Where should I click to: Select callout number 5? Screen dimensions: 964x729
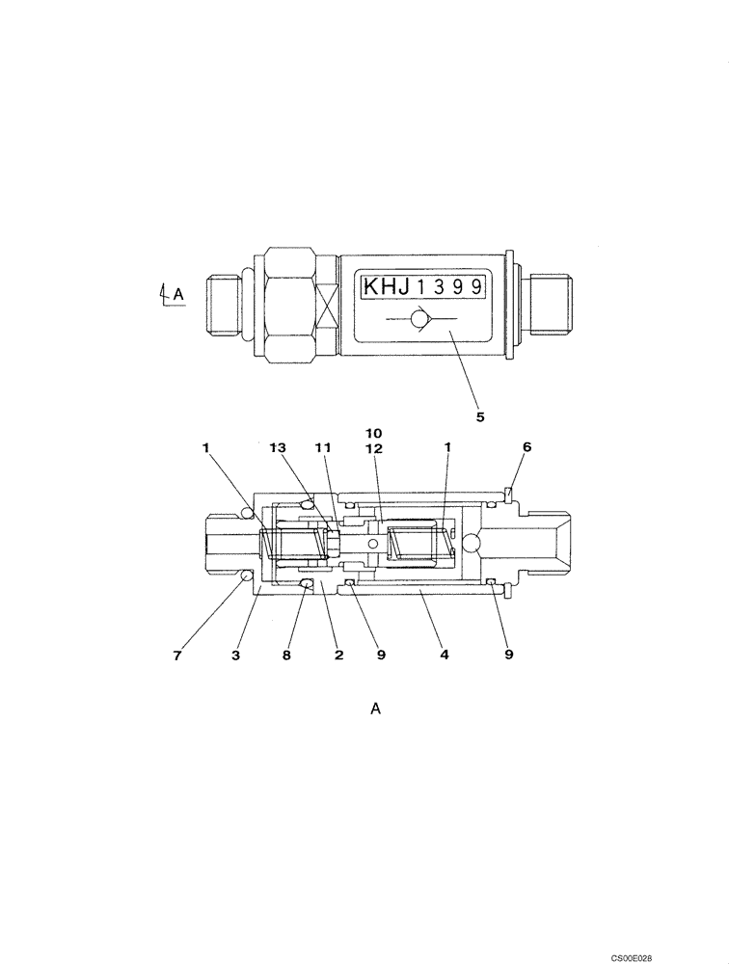(x=479, y=417)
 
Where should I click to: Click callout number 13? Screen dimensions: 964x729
(x=279, y=447)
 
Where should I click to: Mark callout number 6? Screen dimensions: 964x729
(x=526, y=447)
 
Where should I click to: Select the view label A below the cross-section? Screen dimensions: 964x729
(x=376, y=710)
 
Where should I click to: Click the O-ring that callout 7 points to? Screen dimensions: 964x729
(x=246, y=576)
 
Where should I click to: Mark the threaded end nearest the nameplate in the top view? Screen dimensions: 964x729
(x=550, y=304)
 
